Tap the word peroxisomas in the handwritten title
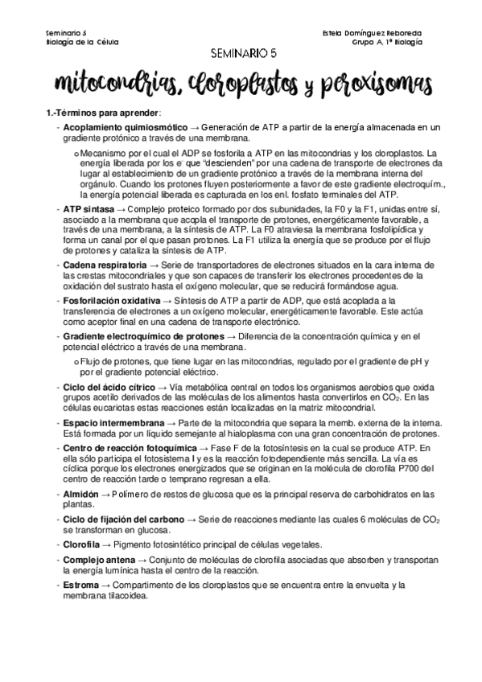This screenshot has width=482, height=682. pyautogui.click(x=365, y=83)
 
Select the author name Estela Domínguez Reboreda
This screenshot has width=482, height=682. pyautogui.click(x=371, y=33)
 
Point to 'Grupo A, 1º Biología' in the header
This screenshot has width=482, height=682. pyautogui.click(x=387, y=43)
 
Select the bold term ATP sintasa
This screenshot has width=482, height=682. pyautogui.click(x=89, y=208)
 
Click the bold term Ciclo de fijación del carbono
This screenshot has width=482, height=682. pyautogui.click(x=123, y=520)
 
